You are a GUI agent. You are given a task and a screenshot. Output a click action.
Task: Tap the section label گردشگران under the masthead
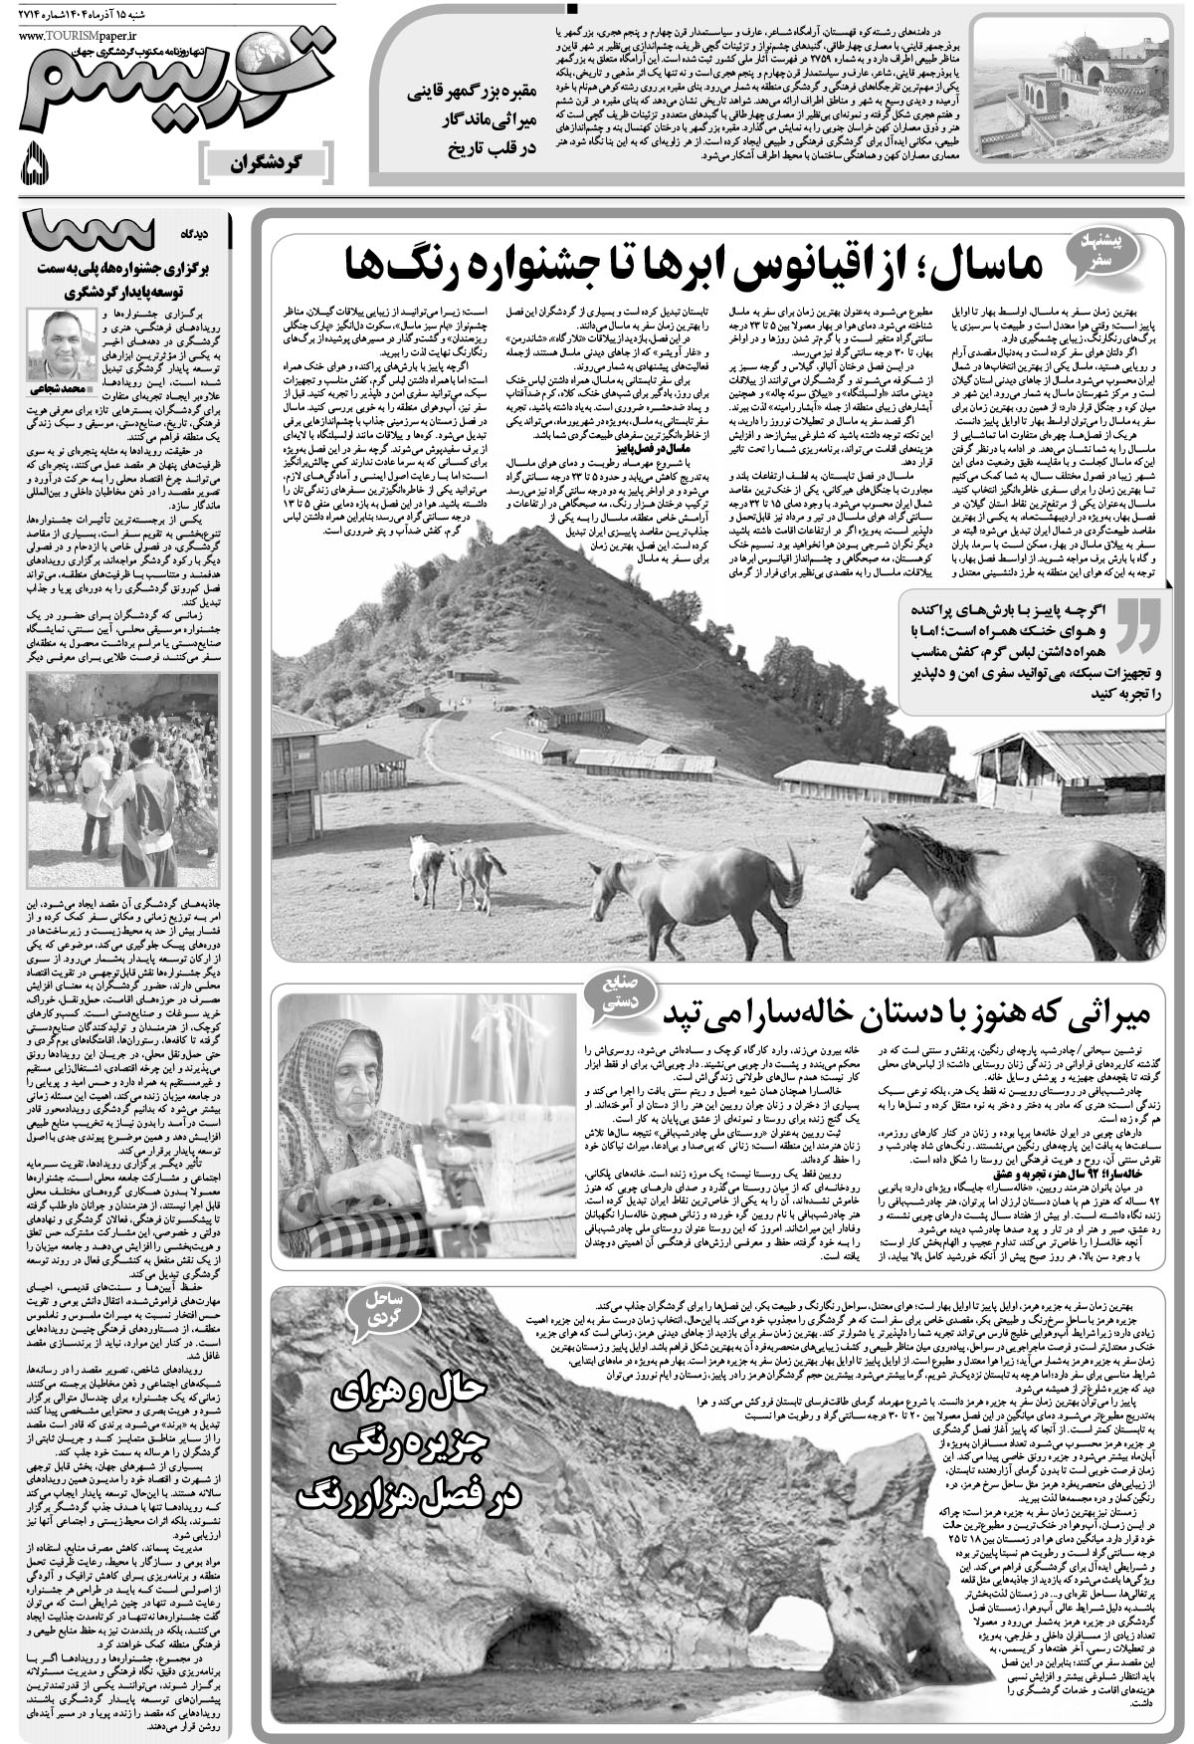(x=265, y=161)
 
